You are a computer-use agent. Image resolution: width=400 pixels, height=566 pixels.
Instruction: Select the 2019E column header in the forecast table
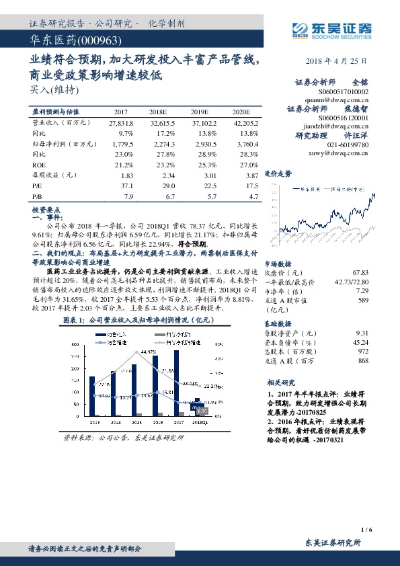pyautogui.click(x=200, y=112)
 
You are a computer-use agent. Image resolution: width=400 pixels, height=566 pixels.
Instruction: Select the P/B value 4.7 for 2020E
pyautogui.click(x=253, y=196)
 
